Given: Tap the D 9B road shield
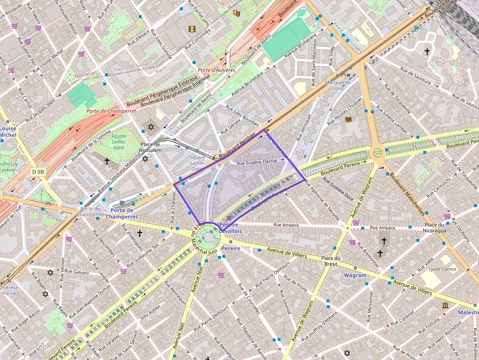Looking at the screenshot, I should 38,171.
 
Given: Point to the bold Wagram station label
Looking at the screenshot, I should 355,275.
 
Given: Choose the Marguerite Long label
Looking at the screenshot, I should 338,85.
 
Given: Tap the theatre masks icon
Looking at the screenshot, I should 237,13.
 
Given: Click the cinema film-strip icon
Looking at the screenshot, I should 192,29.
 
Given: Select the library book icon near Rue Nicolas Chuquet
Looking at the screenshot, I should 348,119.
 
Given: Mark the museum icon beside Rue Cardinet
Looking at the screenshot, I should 445,305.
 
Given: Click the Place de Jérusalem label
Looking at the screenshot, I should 151,147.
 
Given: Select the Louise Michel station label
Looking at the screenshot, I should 8,132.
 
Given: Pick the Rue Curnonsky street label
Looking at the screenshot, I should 197,41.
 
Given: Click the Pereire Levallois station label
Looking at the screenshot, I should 231,228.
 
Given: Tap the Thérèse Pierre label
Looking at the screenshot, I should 9,291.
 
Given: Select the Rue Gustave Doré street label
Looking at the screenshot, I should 338,191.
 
